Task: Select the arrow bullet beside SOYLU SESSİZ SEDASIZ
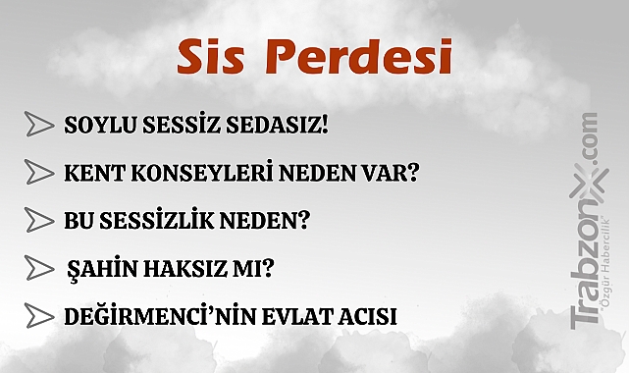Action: pos(39,125)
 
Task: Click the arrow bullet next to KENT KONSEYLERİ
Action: pos(39,173)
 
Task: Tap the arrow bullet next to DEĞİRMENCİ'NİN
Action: pos(39,316)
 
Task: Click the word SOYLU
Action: pos(95,126)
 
